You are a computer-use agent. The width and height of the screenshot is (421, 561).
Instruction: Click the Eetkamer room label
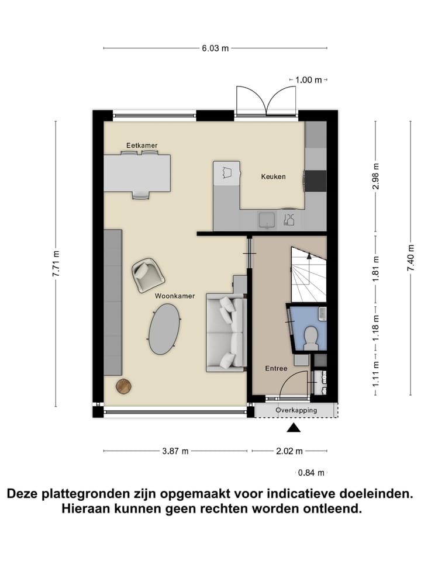(142, 145)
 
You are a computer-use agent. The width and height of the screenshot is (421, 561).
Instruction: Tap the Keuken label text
(273, 176)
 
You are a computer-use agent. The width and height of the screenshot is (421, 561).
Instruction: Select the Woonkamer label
(175, 296)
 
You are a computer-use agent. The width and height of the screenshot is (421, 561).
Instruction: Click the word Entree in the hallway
(276, 368)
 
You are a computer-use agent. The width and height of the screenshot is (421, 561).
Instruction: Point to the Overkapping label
(296, 410)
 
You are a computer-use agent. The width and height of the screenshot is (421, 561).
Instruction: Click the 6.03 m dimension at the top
(215, 49)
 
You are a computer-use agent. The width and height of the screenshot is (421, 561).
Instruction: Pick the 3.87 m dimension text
(175, 451)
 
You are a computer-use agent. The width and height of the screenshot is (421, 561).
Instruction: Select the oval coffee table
(164, 330)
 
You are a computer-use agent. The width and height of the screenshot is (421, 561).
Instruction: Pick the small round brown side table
(124, 385)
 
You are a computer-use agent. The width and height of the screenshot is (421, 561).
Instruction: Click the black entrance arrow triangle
(294, 430)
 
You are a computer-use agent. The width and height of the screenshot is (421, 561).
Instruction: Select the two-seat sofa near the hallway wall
(226, 334)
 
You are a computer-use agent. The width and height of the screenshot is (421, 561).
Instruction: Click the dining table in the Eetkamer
(138, 173)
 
